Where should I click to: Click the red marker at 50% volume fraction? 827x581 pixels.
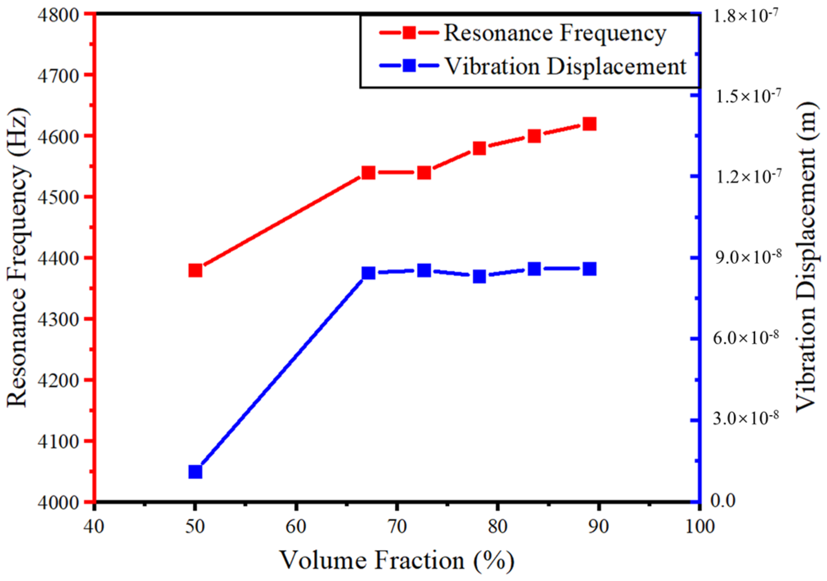pos(196,270)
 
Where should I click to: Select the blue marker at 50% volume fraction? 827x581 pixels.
pos(196,472)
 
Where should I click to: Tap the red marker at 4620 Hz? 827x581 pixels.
pos(589,124)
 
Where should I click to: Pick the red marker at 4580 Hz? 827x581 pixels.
pos(479,148)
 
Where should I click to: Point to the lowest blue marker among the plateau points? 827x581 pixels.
pos(479,277)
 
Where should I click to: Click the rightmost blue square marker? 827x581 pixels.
pos(589,269)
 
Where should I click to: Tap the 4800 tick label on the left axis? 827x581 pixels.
pos(58,15)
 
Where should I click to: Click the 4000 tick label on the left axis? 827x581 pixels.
pos(58,503)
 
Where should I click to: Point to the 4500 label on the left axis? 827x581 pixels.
pos(58,198)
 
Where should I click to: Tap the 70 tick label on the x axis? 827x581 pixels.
pos(397,527)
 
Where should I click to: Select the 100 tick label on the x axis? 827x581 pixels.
pos(700,527)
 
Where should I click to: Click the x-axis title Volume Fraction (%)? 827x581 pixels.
pos(397,561)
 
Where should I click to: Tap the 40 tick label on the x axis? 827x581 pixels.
pos(94,527)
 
